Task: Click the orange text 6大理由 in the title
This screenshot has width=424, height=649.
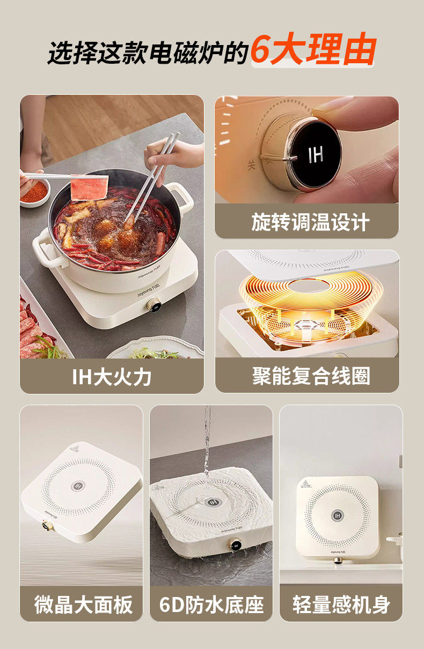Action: tap(313, 49)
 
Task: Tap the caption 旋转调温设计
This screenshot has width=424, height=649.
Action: tap(310, 222)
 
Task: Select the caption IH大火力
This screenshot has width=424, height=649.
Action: tap(112, 377)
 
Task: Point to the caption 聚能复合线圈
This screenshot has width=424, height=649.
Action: tap(311, 376)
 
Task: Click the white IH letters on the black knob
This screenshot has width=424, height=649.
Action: tap(316, 154)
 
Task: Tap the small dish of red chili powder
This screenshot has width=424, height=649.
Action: tap(34, 192)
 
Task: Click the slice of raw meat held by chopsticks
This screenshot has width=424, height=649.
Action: tap(90, 187)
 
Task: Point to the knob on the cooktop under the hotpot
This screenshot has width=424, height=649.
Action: tap(153, 305)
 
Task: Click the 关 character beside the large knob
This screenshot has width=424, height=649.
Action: tap(251, 165)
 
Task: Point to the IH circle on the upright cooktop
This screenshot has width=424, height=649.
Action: tap(337, 516)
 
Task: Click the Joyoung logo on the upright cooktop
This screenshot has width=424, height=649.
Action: tap(338, 552)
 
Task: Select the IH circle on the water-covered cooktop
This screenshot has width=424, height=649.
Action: tap(214, 502)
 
